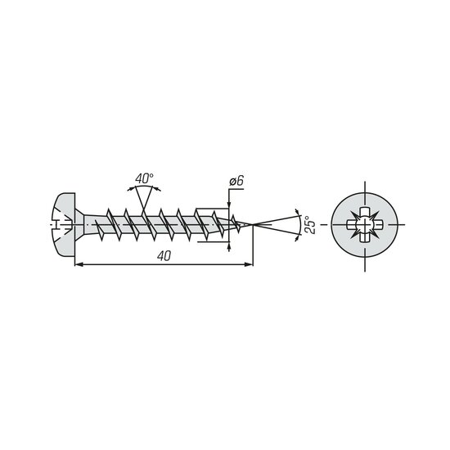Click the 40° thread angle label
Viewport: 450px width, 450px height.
tap(144, 178)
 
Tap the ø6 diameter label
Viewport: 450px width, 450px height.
tap(236, 182)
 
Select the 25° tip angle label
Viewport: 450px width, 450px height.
tap(310, 224)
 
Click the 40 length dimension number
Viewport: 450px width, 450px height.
tap(164, 256)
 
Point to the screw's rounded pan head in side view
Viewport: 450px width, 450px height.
tap(64, 224)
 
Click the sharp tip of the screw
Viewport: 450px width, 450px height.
tap(253, 224)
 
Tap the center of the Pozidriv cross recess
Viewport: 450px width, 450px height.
tap(365, 224)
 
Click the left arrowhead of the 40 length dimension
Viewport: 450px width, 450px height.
tap(79, 264)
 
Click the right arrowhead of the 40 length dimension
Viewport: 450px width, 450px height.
tap(249, 264)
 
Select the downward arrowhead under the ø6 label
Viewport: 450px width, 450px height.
tap(229, 204)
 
